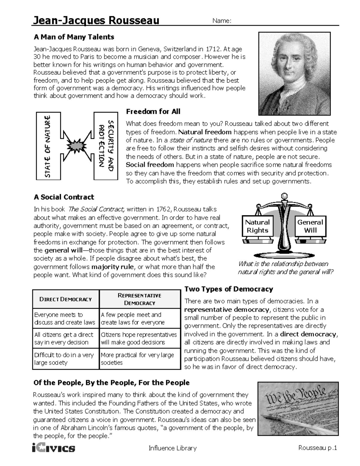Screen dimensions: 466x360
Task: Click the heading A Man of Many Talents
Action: [74, 37]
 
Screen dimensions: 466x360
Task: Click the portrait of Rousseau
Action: [294, 74]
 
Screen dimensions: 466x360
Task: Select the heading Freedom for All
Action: [153, 112]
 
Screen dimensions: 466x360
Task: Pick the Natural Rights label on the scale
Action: [257, 226]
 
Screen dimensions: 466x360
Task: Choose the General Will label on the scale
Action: [310, 226]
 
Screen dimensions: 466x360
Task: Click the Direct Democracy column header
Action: [65, 299]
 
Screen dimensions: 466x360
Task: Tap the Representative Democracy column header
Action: [139, 299]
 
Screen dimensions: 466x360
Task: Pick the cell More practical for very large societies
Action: [139, 359]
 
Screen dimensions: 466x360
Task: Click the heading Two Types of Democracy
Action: [229, 289]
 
